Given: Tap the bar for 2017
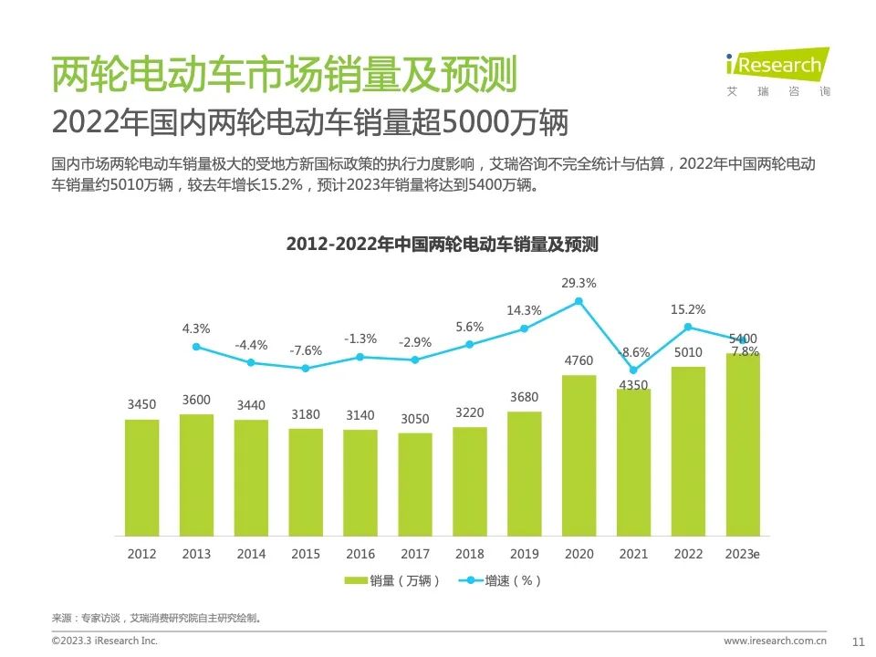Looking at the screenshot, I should click(x=415, y=484).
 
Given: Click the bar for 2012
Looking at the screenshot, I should click(x=141, y=476).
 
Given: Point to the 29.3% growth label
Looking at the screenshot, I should click(x=579, y=283).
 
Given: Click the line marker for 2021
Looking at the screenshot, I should click(x=633, y=370).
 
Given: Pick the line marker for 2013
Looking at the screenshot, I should click(x=196, y=347).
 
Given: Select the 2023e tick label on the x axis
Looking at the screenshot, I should click(x=742, y=554).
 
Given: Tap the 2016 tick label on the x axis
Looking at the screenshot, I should click(x=360, y=554).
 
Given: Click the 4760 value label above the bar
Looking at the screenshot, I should click(x=579, y=360).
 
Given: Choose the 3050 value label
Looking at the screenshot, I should click(x=415, y=419).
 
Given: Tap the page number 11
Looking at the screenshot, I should click(x=857, y=641).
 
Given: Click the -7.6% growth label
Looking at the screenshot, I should click(x=306, y=350).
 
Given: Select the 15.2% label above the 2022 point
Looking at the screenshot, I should click(x=687, y=309).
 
